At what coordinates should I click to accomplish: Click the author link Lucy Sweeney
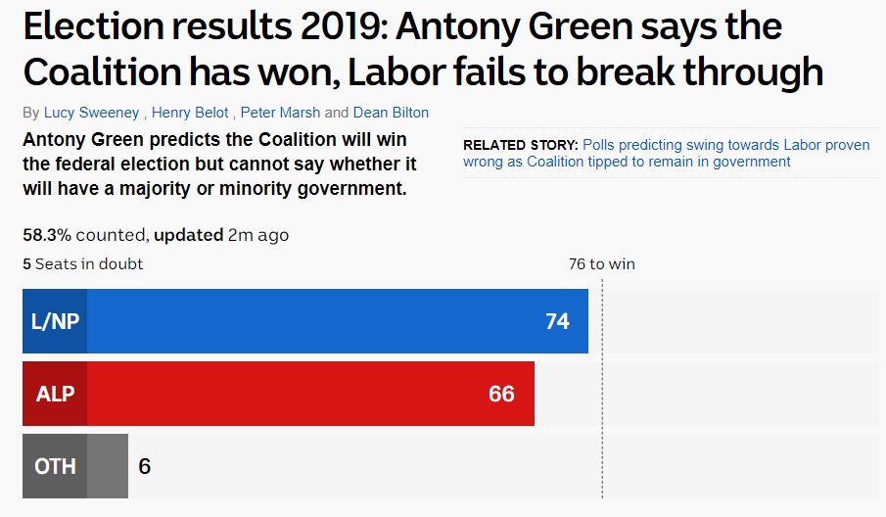(92, 113)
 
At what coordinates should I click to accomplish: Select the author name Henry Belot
(190, 113)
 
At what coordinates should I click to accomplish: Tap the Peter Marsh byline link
(280, 113)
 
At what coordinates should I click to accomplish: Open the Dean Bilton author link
(391, 113)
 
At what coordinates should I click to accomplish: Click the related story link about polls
(666, 153)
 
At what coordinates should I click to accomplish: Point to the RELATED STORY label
(521, 145)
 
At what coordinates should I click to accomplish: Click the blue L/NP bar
(305, 321)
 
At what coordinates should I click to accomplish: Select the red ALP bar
(278, 394)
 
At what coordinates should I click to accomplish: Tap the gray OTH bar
(75, 466)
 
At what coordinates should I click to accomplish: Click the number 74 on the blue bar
(557, 321)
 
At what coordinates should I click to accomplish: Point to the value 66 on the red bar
(502, 394)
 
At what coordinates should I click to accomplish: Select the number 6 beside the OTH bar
(145, 466)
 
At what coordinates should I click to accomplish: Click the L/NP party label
(55, 321)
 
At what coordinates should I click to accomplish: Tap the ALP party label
(55, 394)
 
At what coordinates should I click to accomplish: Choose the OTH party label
(55, 466)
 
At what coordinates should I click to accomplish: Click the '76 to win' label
(602, 263)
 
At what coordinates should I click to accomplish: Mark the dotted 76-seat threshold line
(602, 389)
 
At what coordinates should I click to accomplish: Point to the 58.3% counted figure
(83, 235)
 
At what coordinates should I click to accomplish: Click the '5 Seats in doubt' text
(82, 263)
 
